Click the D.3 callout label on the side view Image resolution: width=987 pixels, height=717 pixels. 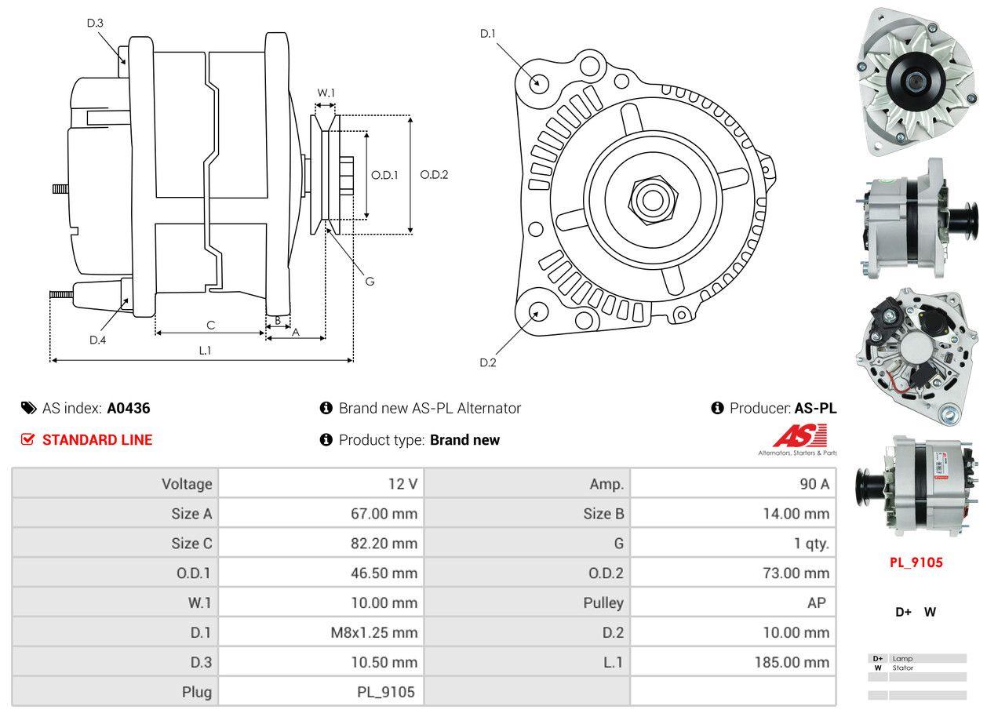tap(95, 23)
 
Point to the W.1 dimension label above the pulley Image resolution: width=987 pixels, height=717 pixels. tap(326, 93)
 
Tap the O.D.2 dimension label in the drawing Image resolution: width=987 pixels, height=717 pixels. tap(434, 175)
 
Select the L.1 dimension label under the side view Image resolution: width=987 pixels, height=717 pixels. tap(204, 350)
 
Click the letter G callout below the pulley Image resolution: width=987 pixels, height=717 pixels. tap(370, 281)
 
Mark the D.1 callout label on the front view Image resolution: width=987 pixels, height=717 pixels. tap(488, 33)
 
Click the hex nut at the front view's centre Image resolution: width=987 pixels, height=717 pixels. tap(650, 198)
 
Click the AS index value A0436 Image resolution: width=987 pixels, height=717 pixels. tap(129, 408)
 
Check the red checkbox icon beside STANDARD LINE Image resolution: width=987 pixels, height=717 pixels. tap(28, 439)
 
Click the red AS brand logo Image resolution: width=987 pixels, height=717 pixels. tap(799, 435)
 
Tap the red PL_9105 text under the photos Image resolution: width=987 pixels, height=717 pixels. tap(916, 562)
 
